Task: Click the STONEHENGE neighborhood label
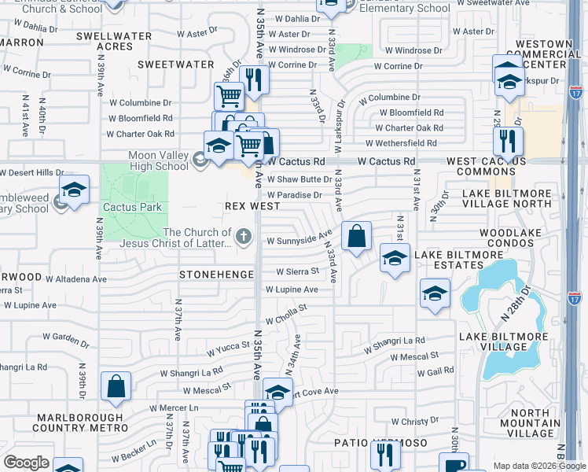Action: pyautogui.click(x=217, y=275)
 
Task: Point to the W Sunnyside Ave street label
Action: pyautogui.click(x=299, y=239)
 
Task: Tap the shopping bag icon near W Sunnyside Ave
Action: pyautogui.click(x=356, y=236)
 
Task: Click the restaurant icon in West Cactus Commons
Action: pyautogui.click(x=508, y=142)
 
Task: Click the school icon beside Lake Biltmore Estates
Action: pyautogui.click(x=395, y=258)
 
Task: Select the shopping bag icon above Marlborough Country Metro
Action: pyautogui.click(x=116, y=386)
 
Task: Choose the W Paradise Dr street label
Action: pyautogui.click(x=295, y=195)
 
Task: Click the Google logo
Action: pyautogui.click(x=27, y=462)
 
